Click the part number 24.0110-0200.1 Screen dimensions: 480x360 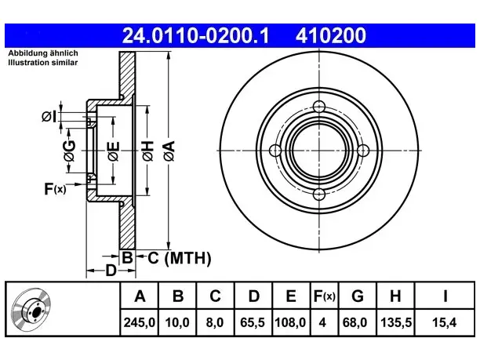click(195, 35)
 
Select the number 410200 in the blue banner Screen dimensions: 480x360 click(331, 35)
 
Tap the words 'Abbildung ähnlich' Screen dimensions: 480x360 click(43, 53)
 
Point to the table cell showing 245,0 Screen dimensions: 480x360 click(140, 322)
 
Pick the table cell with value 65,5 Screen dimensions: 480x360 click(253, 322)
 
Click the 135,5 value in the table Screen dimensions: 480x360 click(396, 322)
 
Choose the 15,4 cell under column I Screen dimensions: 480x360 click(444, 322)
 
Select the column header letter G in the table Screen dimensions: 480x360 click(358, 296)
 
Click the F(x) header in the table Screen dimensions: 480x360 click(325, 296)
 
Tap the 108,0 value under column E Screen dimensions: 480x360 click(290, 322)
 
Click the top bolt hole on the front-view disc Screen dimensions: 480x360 click(319, 107)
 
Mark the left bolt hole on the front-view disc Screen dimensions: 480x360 click(275, 151)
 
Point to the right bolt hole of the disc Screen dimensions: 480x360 click(363, 151)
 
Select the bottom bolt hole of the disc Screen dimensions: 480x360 click(319, 194)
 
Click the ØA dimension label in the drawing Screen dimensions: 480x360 click(169, 151)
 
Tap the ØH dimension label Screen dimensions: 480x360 click(148, 151)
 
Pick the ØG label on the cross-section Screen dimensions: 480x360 click(69, 151)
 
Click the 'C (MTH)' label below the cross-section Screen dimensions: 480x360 click(180, 258)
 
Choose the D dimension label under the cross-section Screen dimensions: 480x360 click(111, 271)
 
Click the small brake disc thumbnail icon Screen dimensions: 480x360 click(31, 309)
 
